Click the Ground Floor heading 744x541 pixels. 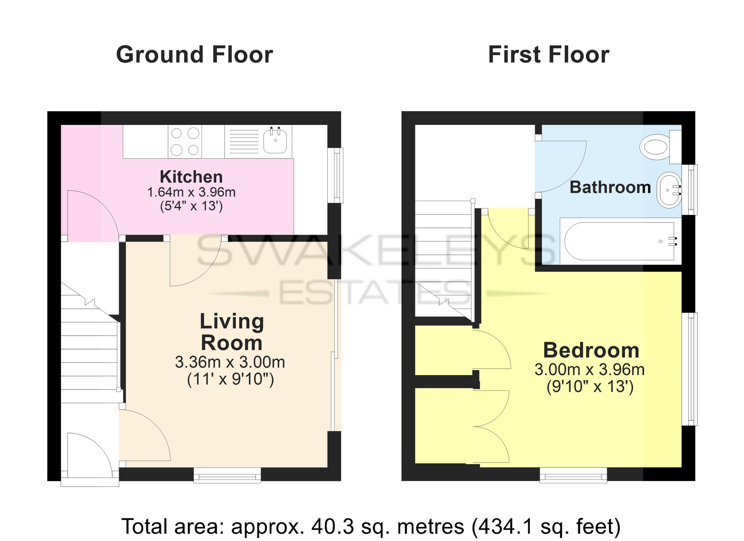(x=195, y=55)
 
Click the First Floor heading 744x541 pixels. (x=549, y=55)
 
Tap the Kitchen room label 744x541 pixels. (x=191, y=177)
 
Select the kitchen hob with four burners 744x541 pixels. (x=185, y=142)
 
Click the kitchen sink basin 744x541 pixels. (x=275, y=140)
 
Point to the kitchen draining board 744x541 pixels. (x=244, y=141)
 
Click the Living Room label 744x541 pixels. (x=232, y=332)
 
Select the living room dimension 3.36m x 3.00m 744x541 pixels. (x=230, y=362)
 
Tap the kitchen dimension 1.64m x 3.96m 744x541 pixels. (x=191, y=192)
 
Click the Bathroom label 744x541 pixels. (x=610, y=187)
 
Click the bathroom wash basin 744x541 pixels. (x=669, y=190)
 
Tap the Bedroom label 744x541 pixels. (x=591, y=350)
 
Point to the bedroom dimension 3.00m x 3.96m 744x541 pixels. (x=590, y=370)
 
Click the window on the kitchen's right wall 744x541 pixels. (x=337, y=175)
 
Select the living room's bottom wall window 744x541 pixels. (x=227, y=475)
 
